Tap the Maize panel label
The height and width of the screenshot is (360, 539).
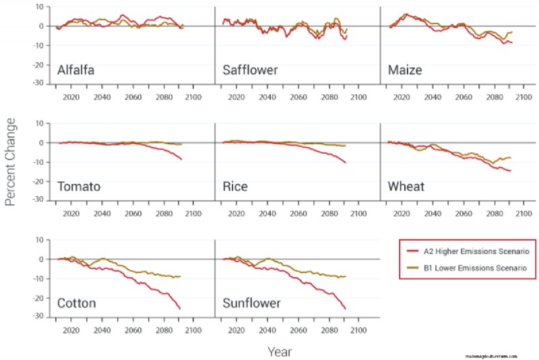(x=406, y=70)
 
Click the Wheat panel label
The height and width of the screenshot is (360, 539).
(x=406, y=187)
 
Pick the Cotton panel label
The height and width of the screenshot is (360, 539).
(x=77, y=303)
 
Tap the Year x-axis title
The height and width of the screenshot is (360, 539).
(x=279, y=351)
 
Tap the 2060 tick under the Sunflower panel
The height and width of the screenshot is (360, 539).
(x=298, y=330)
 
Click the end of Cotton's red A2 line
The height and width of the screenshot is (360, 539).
(x=181, y=309)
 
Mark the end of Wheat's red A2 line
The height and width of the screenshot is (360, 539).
(x=511, y=171)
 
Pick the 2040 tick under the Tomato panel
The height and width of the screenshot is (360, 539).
(x=102, y=214)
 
